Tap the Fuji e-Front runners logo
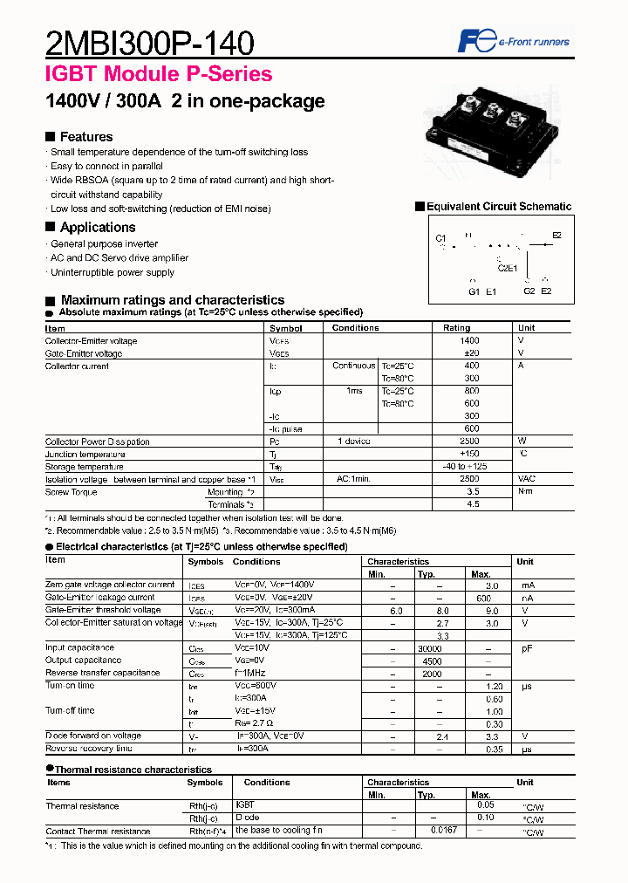[x=514, y=41]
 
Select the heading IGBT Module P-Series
[x=158, y=75]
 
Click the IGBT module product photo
[x=489, y=131]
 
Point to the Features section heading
[x=85, y=137]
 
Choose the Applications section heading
[x=97, y=228]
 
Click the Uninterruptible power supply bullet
[x=112, y=272]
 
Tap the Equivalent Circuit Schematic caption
[x=498, y=207]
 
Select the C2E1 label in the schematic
[x=507, y=269]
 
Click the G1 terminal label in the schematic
[x=474, y=291]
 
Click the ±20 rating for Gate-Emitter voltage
[x=471, y=353]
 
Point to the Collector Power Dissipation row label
[x=97, y=441]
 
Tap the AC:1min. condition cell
[x=354, y=479]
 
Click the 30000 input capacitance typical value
[x=430, y=648]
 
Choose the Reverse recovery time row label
[x=88, y=749]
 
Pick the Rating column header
[x=456, y=328]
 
